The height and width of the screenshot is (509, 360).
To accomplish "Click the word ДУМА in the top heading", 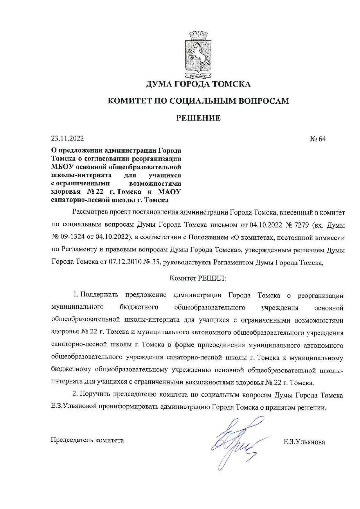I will coord(159,84).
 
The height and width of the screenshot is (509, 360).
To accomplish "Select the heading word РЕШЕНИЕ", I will coord(199,118).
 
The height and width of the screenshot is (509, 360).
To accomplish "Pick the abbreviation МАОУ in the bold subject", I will coord(169,192).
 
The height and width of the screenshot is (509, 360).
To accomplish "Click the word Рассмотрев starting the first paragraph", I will coord(90,212).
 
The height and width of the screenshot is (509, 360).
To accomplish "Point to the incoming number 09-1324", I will coord(73,237).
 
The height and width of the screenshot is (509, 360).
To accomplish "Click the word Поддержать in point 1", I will coord(99,295).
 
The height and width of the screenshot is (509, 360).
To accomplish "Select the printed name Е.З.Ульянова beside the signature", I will coord(304,442).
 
